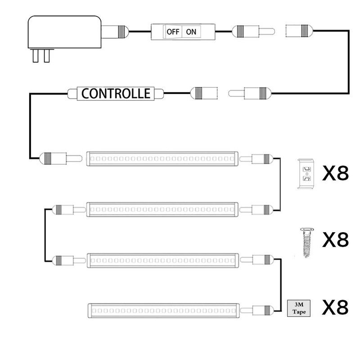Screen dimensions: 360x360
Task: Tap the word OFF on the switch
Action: [173, 32]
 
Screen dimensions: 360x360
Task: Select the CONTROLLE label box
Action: [116, 94]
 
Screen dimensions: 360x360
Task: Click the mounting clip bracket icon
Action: [306, 175]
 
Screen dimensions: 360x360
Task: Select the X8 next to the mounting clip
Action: [335, 174]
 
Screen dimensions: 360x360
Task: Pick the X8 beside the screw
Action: [335, 240]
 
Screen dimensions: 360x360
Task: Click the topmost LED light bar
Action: [162, 158]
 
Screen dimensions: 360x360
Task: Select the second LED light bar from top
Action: [162, 209]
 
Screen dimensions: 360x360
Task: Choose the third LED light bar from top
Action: [162, 259]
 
